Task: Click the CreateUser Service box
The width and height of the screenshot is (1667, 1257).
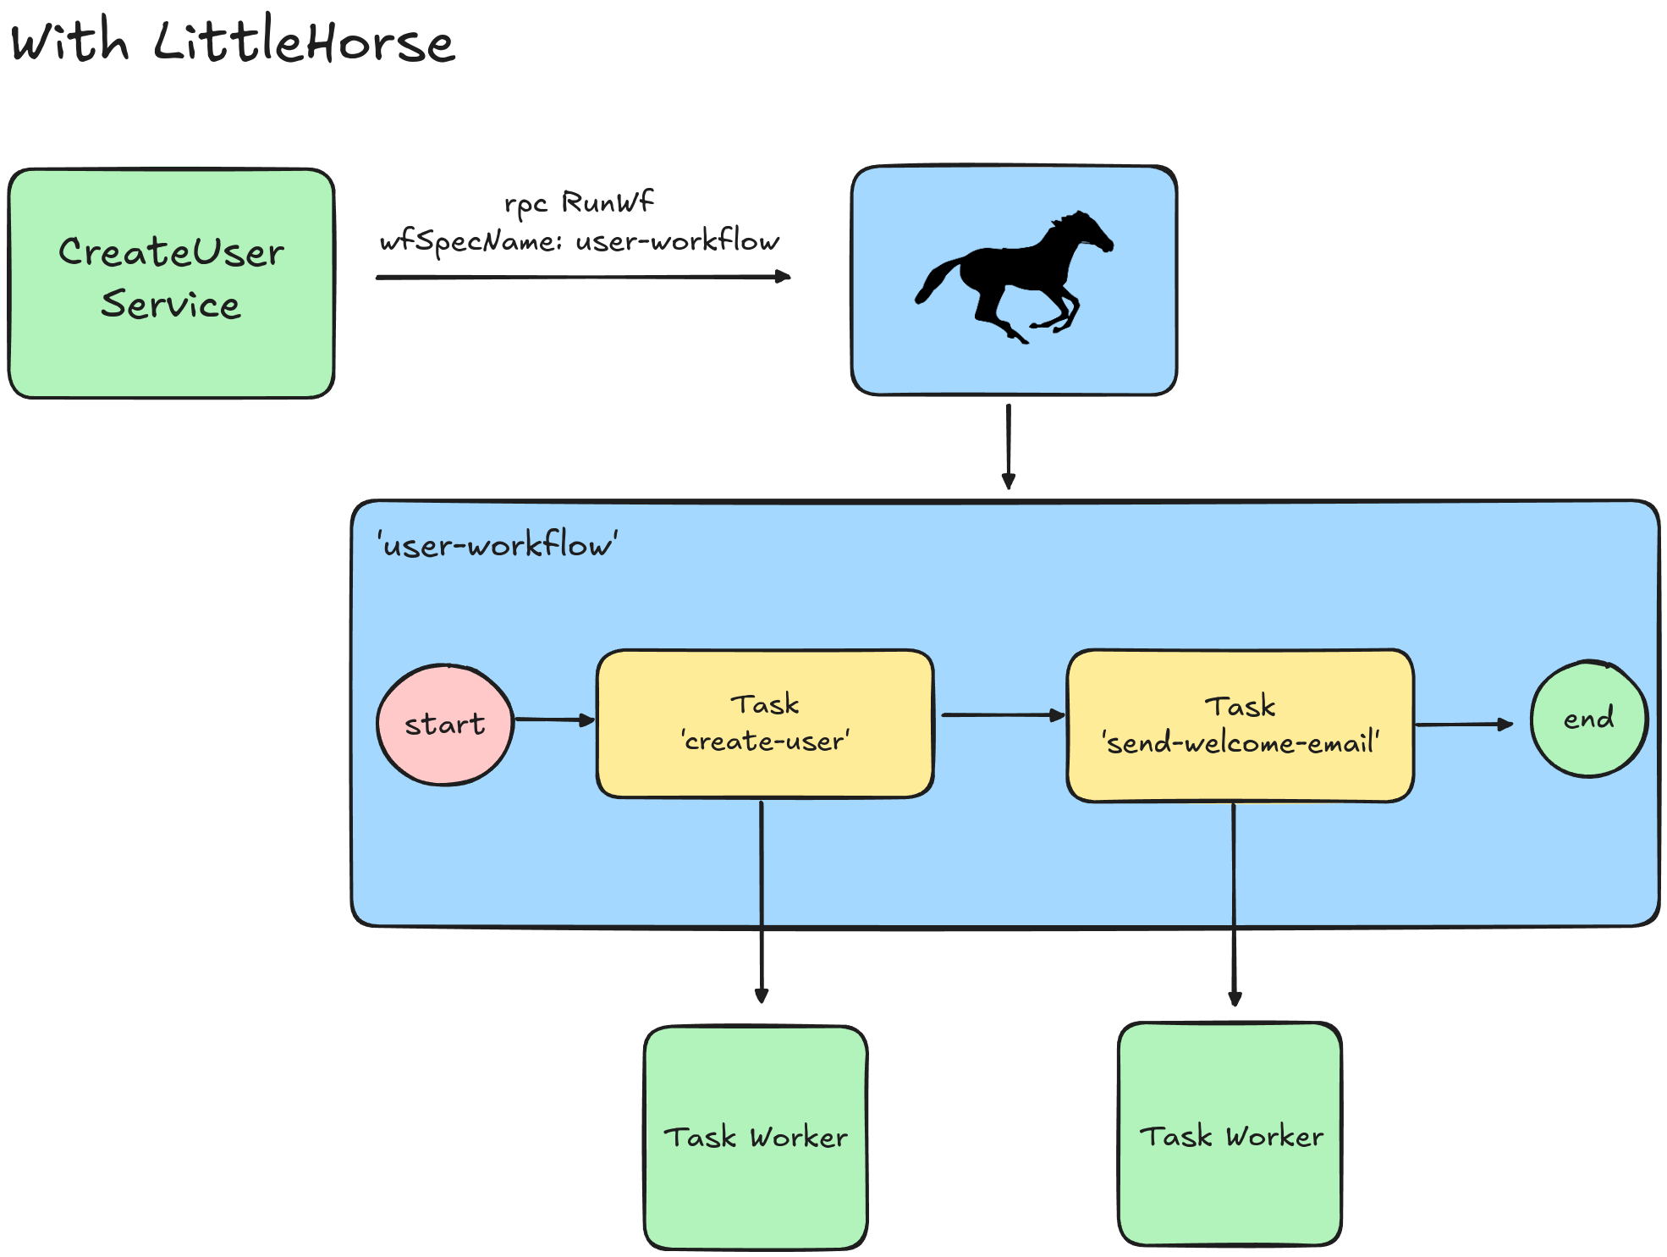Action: coord(171,283)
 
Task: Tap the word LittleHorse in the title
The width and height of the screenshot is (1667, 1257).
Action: coord(305,42)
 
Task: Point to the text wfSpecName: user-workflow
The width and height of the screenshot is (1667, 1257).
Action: coord(580,242)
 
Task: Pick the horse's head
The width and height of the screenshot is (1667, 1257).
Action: coord(1087,230)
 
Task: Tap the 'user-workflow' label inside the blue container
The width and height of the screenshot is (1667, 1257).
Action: coord(498,545)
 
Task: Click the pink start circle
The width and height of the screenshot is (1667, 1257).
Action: coord(445,725)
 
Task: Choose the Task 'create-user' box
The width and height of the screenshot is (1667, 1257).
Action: coord(765,724)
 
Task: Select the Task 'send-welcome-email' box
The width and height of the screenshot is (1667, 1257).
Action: coord(1241,725)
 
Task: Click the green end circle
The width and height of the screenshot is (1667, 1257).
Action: coord(1589,719)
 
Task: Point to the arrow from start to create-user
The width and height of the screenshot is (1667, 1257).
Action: coord(554,720)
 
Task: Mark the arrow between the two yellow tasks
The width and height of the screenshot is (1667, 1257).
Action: coord(1002,715)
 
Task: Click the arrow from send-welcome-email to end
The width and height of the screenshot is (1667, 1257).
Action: coord(1464,725)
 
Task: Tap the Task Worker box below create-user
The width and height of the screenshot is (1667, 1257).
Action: coord(756,1137)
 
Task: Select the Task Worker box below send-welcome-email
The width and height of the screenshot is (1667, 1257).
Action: coord(1230,1135)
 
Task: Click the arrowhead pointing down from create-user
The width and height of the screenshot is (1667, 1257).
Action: coord(762,995)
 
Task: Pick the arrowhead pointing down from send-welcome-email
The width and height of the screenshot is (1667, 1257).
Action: coord(1235,998)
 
